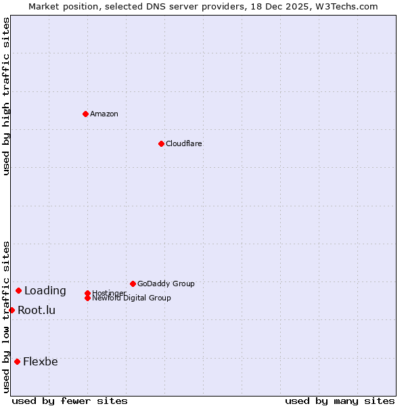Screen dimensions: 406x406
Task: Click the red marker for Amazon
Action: (85, 114)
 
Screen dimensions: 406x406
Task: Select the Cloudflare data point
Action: (161, 143)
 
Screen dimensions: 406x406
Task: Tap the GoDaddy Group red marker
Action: (133, 284)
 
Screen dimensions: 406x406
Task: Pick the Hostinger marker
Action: (87, 293)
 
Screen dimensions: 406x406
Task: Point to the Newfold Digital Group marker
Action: (87, 298)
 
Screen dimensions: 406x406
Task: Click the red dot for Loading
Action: (18, 290)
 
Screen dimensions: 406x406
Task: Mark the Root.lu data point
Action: (12, 310)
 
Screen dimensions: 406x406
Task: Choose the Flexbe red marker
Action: (17, 361)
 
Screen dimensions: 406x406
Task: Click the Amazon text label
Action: (104, 114)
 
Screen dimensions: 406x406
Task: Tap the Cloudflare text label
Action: (184, 143)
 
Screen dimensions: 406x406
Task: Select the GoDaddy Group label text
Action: (166, 284)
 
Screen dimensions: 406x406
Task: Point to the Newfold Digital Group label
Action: (132, 298)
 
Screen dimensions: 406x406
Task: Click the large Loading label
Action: (45, 291)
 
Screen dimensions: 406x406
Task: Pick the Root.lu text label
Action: (37, 311)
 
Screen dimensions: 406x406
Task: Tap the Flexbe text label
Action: (41, 362)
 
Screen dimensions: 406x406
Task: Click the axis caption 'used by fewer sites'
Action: (70, 401)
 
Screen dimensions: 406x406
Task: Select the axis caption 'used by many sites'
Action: (340, 401)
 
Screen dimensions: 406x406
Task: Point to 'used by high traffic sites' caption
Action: (6, 97)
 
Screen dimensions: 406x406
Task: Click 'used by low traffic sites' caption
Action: (6, 317)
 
